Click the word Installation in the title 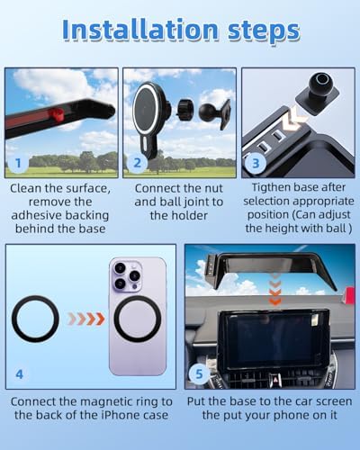(x=140, y=30)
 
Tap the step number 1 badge (x=18, y=163)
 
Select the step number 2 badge (x=137, y=163)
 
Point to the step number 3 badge (x=256, y=164)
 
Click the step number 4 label (x=19, y=374)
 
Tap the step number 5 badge (x=199, y=373)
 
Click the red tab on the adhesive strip (x=56, y=114)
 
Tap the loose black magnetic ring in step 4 (x=35, y=319)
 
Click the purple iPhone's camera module (x=127, y=276)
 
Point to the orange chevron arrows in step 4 (x=86, y=319)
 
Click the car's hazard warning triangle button (x=274, y=379)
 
